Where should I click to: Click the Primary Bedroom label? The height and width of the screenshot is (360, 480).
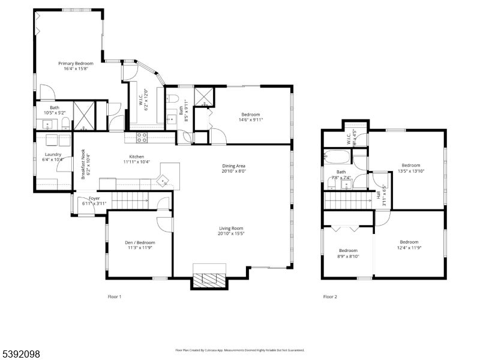(x=76, y=63)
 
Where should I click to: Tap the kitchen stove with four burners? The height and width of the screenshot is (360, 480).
(x=142, y=137)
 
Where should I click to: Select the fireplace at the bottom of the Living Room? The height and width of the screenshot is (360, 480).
(x=209, y=277)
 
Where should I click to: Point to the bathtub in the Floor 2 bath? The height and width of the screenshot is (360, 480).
(x=337, y=157)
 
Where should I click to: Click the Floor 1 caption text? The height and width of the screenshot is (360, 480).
(x=114, y=297)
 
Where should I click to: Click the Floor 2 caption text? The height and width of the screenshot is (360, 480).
(x=330, y=297)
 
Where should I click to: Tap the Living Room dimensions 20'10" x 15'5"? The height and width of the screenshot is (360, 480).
(x=230, y=234)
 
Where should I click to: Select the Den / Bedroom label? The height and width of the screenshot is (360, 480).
(x=140, y=242)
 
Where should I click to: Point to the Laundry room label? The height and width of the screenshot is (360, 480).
(x=53, y=154)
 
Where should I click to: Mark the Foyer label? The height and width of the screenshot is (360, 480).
(x=94, y=198)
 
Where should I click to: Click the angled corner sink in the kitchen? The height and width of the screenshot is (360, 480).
(x=164, y=179)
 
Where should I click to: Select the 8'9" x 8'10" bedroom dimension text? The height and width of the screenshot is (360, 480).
(x=348, y=256)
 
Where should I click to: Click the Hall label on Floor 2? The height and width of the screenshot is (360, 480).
(x=378, y=195)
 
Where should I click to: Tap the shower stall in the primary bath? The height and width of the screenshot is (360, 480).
(x=81, y=116)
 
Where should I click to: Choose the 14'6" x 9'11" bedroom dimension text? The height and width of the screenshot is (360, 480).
(x=250, y=120)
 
